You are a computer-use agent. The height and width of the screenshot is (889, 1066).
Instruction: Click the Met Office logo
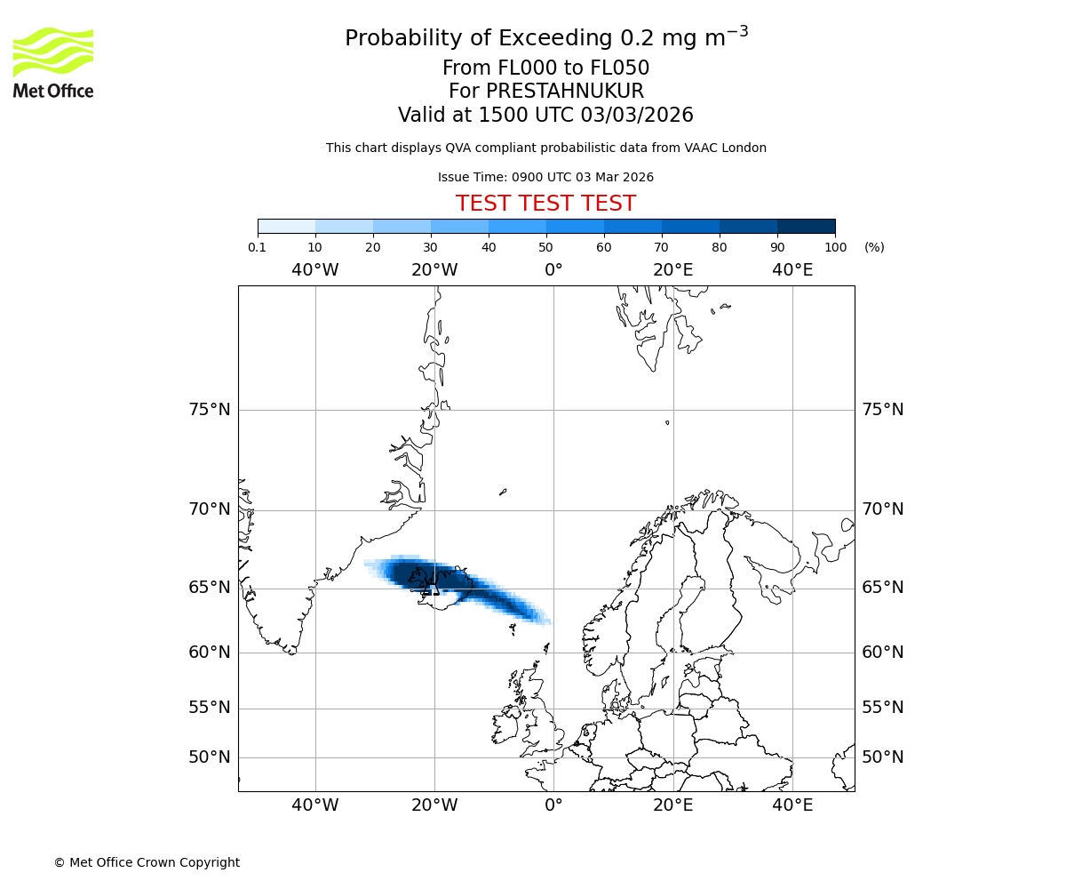coord(53,62)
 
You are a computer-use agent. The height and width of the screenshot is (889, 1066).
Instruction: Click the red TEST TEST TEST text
coord(545,204)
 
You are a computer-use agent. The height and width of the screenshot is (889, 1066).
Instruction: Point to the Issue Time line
coord(545,178)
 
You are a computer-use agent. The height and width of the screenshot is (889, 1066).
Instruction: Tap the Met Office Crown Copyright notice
coord(147,862)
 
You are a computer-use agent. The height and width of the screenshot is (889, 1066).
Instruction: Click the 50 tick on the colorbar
coord(546,247)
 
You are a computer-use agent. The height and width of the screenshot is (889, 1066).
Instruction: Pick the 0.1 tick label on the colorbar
coord(258,247)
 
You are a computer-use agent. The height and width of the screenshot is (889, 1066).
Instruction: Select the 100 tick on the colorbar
coord(835,247)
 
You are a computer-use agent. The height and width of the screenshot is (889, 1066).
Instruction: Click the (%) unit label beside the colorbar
coord(874,247)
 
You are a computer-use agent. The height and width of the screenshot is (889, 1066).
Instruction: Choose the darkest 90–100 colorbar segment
coord(806,226)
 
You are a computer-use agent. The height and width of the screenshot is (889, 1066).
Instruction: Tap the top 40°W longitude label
coord(314,270)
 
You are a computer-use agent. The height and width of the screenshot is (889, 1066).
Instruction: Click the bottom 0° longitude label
coord(553,805)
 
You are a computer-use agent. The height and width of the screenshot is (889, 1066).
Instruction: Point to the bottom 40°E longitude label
coord(792,805)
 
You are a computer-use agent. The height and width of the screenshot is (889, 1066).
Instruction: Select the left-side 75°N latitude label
coord(210,410)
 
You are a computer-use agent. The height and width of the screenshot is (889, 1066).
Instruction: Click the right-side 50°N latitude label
coord(882,757)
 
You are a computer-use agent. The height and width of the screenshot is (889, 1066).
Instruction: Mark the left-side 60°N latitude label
coord(210,653)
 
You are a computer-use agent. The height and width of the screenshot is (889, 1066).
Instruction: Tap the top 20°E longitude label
coord(673,270)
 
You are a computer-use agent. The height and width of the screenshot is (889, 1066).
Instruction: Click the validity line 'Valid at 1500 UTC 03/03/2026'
coord(545,116)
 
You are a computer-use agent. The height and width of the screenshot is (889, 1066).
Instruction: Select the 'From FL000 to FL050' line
coord(545,68)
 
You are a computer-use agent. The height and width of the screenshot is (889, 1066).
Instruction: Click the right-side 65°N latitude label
coord(882,588)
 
